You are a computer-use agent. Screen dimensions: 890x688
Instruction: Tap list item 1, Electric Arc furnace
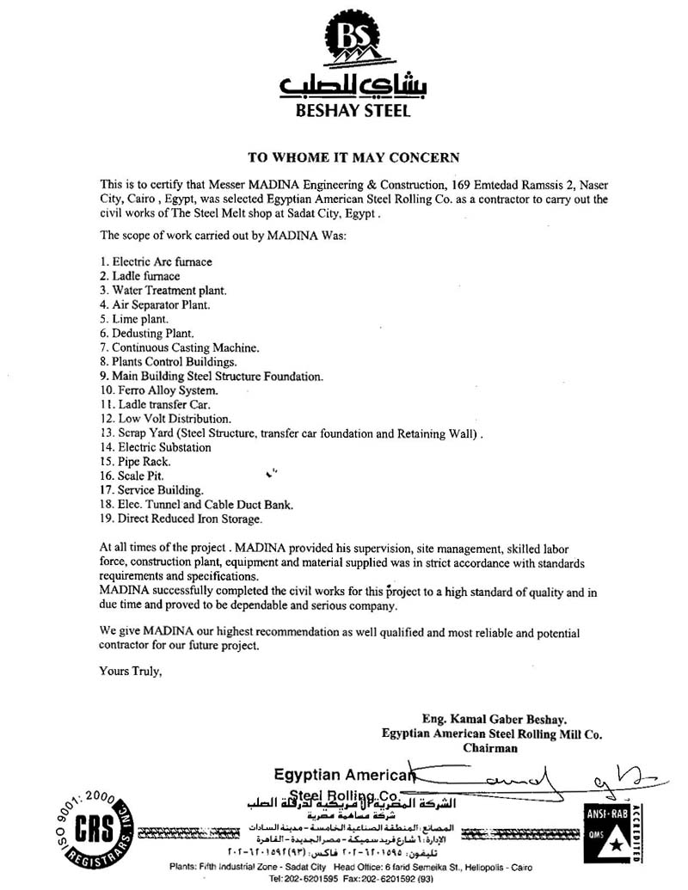(x=156, y=261)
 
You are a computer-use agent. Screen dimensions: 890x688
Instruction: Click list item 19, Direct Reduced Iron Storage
(x=181, y=519)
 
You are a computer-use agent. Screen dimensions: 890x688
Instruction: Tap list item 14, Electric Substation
(x=156, y=447)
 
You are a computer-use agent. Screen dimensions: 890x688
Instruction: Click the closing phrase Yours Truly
(x=131, y=670)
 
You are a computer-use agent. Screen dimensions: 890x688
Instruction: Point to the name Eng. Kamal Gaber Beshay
(x=494, y=719)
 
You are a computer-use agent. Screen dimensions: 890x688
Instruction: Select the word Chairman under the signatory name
(x=490, y=748)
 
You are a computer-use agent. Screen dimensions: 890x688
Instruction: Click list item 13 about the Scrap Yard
(x=292, y=433)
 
